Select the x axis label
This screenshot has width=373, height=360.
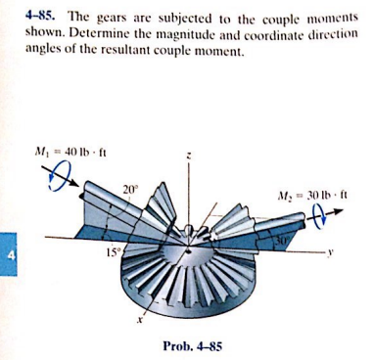pyautogui.click(x=140, y=318)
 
